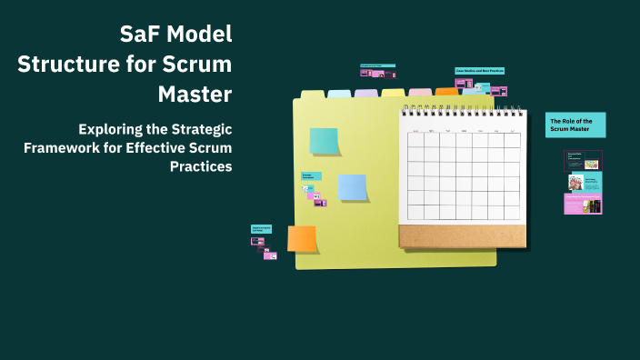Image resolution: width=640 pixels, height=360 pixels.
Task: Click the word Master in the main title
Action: click(195, 94)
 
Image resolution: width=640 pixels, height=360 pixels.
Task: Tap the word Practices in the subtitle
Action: click(201, 166)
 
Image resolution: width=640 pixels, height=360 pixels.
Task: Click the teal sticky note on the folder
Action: click(324, 141)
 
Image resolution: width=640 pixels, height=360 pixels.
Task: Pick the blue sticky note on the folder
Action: click(352, 186)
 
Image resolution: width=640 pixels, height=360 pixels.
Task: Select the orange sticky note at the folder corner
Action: click(302, 238)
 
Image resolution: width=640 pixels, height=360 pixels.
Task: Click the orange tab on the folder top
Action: click(446, 92)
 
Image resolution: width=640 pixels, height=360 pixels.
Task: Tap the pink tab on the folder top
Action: click(420, 92)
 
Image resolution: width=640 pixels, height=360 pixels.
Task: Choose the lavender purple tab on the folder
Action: click(366, 93)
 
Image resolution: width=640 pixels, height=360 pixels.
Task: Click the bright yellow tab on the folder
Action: click(393, 93)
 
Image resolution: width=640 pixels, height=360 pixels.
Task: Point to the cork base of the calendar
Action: click(462, 236)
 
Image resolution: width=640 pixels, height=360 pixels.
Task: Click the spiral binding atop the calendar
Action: click(462, 110)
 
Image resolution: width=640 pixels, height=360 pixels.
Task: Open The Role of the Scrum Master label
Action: click(576, 125)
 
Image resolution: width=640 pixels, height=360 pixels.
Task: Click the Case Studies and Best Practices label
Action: click(479, 70)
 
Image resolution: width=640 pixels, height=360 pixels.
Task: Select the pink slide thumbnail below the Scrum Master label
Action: click(583, 204)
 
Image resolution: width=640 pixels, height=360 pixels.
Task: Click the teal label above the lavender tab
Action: click(377, 65)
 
